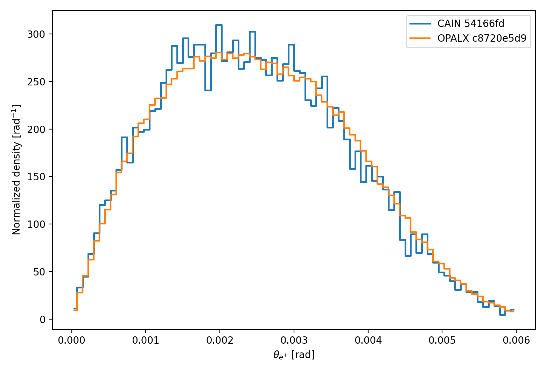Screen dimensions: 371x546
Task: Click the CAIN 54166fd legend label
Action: pyautogui.click(x=471, y=24)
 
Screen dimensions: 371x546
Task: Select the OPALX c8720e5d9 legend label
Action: pyautogui.click(x=482, y=38)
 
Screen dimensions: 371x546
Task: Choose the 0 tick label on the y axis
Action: pyautogui.click(x=43, y=319)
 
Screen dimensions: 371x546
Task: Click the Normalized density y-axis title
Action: pyautogui.click(x=16, y=170)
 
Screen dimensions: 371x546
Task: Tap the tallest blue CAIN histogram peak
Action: pyautogui.click(x=219, y=25)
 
